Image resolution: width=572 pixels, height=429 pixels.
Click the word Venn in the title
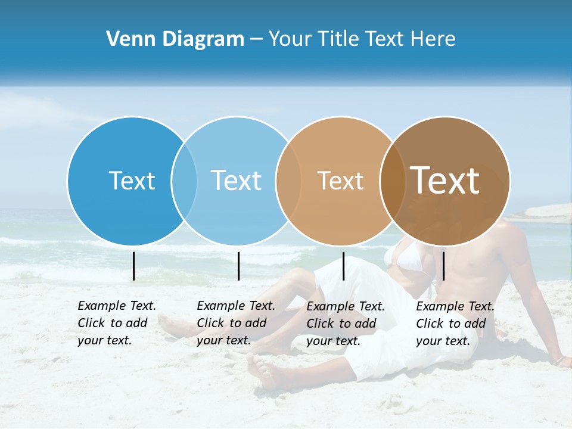(127, 39)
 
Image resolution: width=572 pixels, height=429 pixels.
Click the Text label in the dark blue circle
(132, 181)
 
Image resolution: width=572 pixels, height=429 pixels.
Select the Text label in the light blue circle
(237, 181)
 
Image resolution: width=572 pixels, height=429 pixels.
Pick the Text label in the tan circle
(340, 181)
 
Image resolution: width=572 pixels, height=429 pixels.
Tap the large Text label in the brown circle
(445, 181)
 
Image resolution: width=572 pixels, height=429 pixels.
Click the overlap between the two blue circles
(184, 181)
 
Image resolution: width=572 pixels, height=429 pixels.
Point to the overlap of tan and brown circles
(393, 181)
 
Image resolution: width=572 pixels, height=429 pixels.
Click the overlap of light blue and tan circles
(288, 181)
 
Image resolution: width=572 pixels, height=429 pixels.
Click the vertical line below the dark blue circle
(133, 266)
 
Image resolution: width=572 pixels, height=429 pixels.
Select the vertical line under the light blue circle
(238, 266)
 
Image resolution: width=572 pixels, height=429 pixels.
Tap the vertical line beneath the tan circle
(343, 266)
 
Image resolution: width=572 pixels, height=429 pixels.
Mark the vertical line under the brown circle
(443, 266)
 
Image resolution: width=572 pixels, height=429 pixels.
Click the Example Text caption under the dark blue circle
(116, 323)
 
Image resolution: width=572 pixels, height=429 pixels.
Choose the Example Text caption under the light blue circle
(235, 323)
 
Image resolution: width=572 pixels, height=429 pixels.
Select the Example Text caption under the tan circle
(345, 324)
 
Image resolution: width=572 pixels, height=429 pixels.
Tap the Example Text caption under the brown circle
(455, 324)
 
